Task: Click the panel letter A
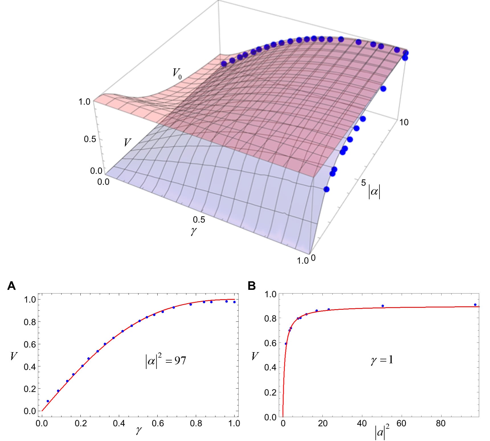[11, 286]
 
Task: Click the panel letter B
[252, 286]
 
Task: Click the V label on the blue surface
[127, 142]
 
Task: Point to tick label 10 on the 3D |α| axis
[404, 122]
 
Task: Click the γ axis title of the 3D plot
[194, 231]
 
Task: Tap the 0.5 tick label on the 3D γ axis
[199, 220]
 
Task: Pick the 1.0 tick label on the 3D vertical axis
[84, 102]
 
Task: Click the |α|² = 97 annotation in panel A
[166, 361]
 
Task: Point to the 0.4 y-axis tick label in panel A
[30, 367]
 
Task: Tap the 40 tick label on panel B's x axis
[362, 423]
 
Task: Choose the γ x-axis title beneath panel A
[139, 430]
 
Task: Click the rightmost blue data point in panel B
[475, 305]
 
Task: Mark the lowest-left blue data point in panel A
[48, 401]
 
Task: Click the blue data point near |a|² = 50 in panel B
[383, 306]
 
